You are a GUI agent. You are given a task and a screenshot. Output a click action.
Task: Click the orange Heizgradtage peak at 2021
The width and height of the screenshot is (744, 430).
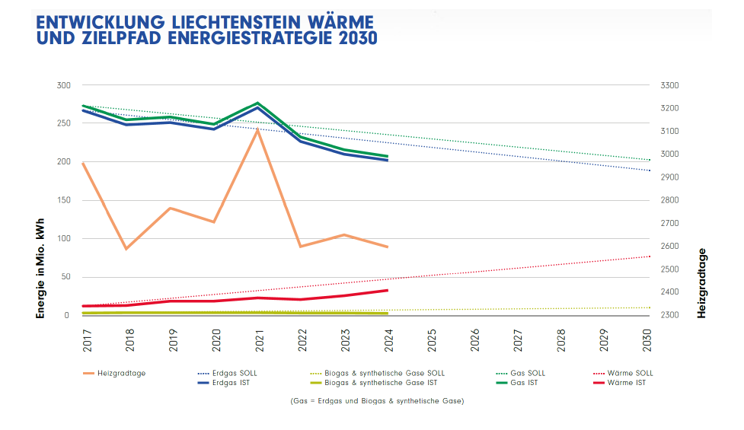click(258, 130)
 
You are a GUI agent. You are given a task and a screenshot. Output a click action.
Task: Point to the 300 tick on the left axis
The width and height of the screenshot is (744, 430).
click(63, 85)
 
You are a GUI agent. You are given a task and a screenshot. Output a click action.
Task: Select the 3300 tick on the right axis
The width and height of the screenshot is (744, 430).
click(669, 85)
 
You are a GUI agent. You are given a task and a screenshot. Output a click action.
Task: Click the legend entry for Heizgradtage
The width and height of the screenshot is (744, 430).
click(121, 373)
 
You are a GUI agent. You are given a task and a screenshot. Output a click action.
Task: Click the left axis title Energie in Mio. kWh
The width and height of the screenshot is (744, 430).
click(41, 268)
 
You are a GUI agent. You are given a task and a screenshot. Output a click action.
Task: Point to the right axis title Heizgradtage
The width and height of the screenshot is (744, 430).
click(702, 282)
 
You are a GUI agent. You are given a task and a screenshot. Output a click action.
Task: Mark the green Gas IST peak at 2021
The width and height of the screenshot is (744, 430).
click(258, 103)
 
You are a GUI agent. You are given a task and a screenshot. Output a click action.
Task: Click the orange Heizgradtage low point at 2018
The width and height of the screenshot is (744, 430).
click(126, 249)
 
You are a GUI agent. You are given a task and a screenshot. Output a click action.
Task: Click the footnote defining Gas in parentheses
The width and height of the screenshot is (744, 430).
click(376, 400)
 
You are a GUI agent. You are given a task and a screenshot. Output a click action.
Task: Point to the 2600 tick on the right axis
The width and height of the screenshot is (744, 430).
click(669, 246)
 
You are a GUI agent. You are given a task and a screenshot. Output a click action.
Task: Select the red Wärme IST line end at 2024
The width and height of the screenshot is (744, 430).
click(388, 290)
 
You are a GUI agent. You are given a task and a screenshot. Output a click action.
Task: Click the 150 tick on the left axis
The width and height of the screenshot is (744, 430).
click(63, 200)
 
